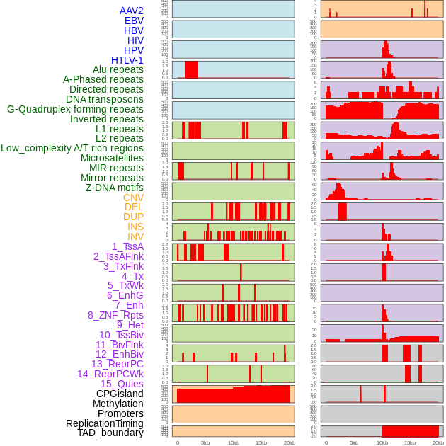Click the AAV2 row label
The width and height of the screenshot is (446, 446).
click(131, 11)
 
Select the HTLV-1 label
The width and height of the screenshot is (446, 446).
click(127, 60)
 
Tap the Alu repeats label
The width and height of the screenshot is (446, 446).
click(118, 69)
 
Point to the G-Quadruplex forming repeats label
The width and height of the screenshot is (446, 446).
click(75, 109)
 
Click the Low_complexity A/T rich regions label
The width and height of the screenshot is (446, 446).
click(72, 148)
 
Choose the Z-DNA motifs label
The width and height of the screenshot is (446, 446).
click(114, 188)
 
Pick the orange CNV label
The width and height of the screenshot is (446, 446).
click(133, 198)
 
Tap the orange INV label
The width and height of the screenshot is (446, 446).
click(135, 236)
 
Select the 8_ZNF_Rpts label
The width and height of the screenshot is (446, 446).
click(115, 315)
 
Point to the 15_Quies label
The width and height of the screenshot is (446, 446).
click(122, 384)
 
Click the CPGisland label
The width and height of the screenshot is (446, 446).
click(120, 394)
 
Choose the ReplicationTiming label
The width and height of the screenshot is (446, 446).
click(104, 423)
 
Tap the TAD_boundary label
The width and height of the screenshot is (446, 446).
click(110, 433)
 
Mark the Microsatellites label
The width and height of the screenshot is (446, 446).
click(112, 158)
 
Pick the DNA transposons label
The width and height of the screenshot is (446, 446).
click(105, 99)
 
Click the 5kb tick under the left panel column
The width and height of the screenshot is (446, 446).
click(205, 442)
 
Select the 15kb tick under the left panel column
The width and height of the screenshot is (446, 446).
click(261, 442)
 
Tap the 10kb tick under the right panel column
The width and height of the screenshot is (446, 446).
click(382, 442)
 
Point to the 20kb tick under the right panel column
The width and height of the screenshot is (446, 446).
click(438, 442)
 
